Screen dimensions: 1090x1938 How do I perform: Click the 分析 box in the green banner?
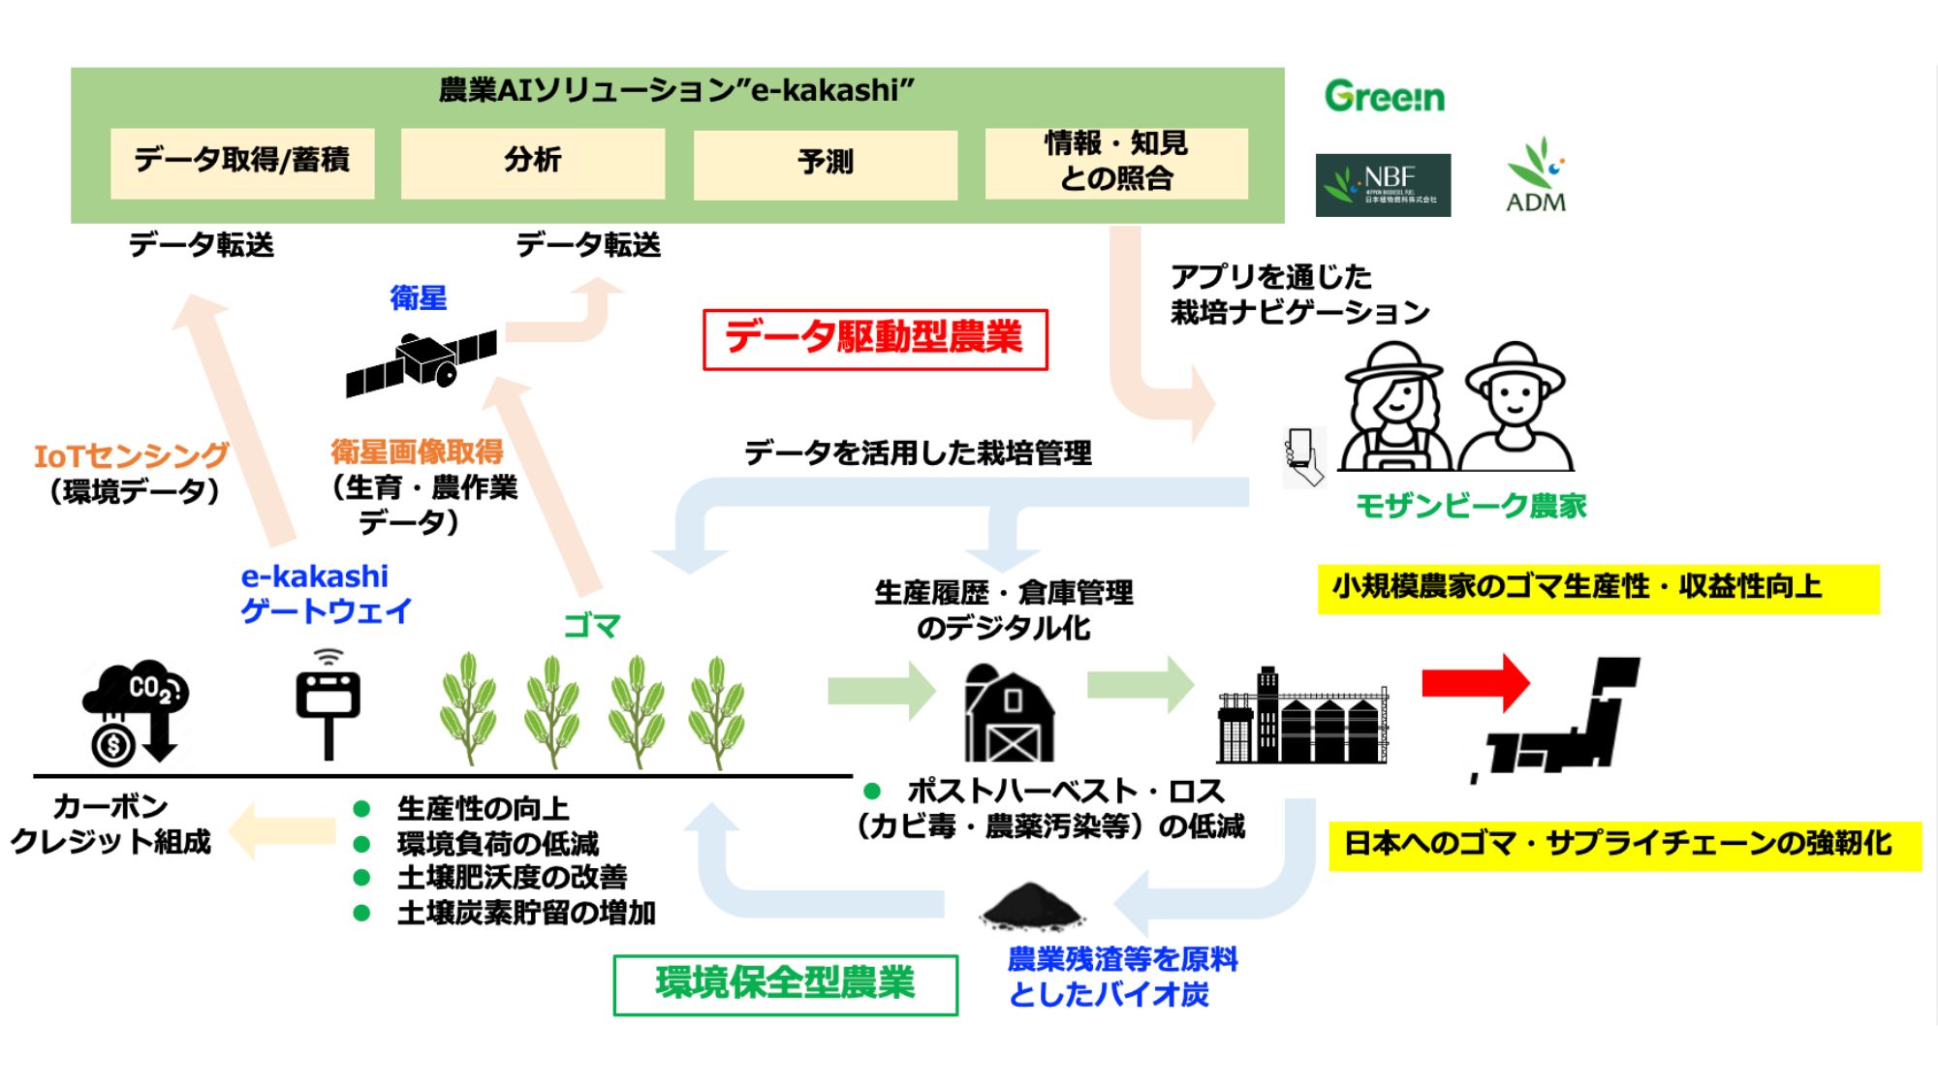[532, 163]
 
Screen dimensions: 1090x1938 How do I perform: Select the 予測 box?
[825, 164]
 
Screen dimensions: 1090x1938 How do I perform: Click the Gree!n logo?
[1384, 96]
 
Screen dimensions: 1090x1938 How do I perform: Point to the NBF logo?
[1383, 184]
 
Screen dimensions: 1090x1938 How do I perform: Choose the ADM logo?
[1536, 176]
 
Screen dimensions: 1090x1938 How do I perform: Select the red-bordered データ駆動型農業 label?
[875, 339]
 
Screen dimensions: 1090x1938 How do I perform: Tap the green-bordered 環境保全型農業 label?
[785, 984]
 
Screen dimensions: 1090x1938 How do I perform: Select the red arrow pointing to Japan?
[1475, 682]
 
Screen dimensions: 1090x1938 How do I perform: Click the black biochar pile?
[1031, 905]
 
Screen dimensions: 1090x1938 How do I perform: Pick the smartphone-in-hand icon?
[1302, 456]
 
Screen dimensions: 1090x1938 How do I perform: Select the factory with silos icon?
[1302, 717]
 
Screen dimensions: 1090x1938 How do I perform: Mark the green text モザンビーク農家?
[1470, 506]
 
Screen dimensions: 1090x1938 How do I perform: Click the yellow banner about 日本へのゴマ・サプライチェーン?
[1624, 844]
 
